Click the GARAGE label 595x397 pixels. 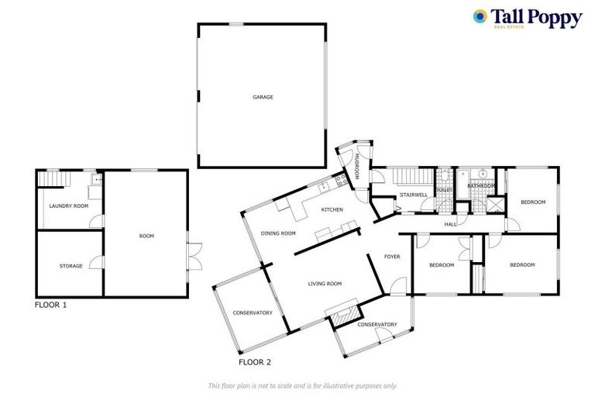pyautogui.click(x=262, y=97)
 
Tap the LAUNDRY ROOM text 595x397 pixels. pyautogui.click(x=68, y=205)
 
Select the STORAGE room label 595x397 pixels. pyautogui.click(x=71, y=266)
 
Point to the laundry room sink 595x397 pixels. pyautogui.click(x=96, y=180)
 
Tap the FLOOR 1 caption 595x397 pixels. pyautogui.click(x=51, y=305)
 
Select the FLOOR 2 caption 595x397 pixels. pyautogui.click(x=255, y=362)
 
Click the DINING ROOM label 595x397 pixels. pyautogui.click(x=278, y=233)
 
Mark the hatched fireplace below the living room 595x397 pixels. pyautogui.click(x=343, y=312)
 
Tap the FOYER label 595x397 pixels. pyautogui.click(x=392, y=256)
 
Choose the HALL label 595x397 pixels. pyautogui.click(x=451, y=224)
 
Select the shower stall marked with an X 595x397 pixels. pyautogui.click(x=493, y=205)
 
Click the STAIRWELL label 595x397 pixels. pyautogui.click(x=413, y=194)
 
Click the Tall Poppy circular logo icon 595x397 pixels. pyautogui.click(x=480, y=16)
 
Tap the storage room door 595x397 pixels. pyautogui.click(x=96, y=264)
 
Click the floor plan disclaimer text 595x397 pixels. pyautogui.click(x=302, y=385)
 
